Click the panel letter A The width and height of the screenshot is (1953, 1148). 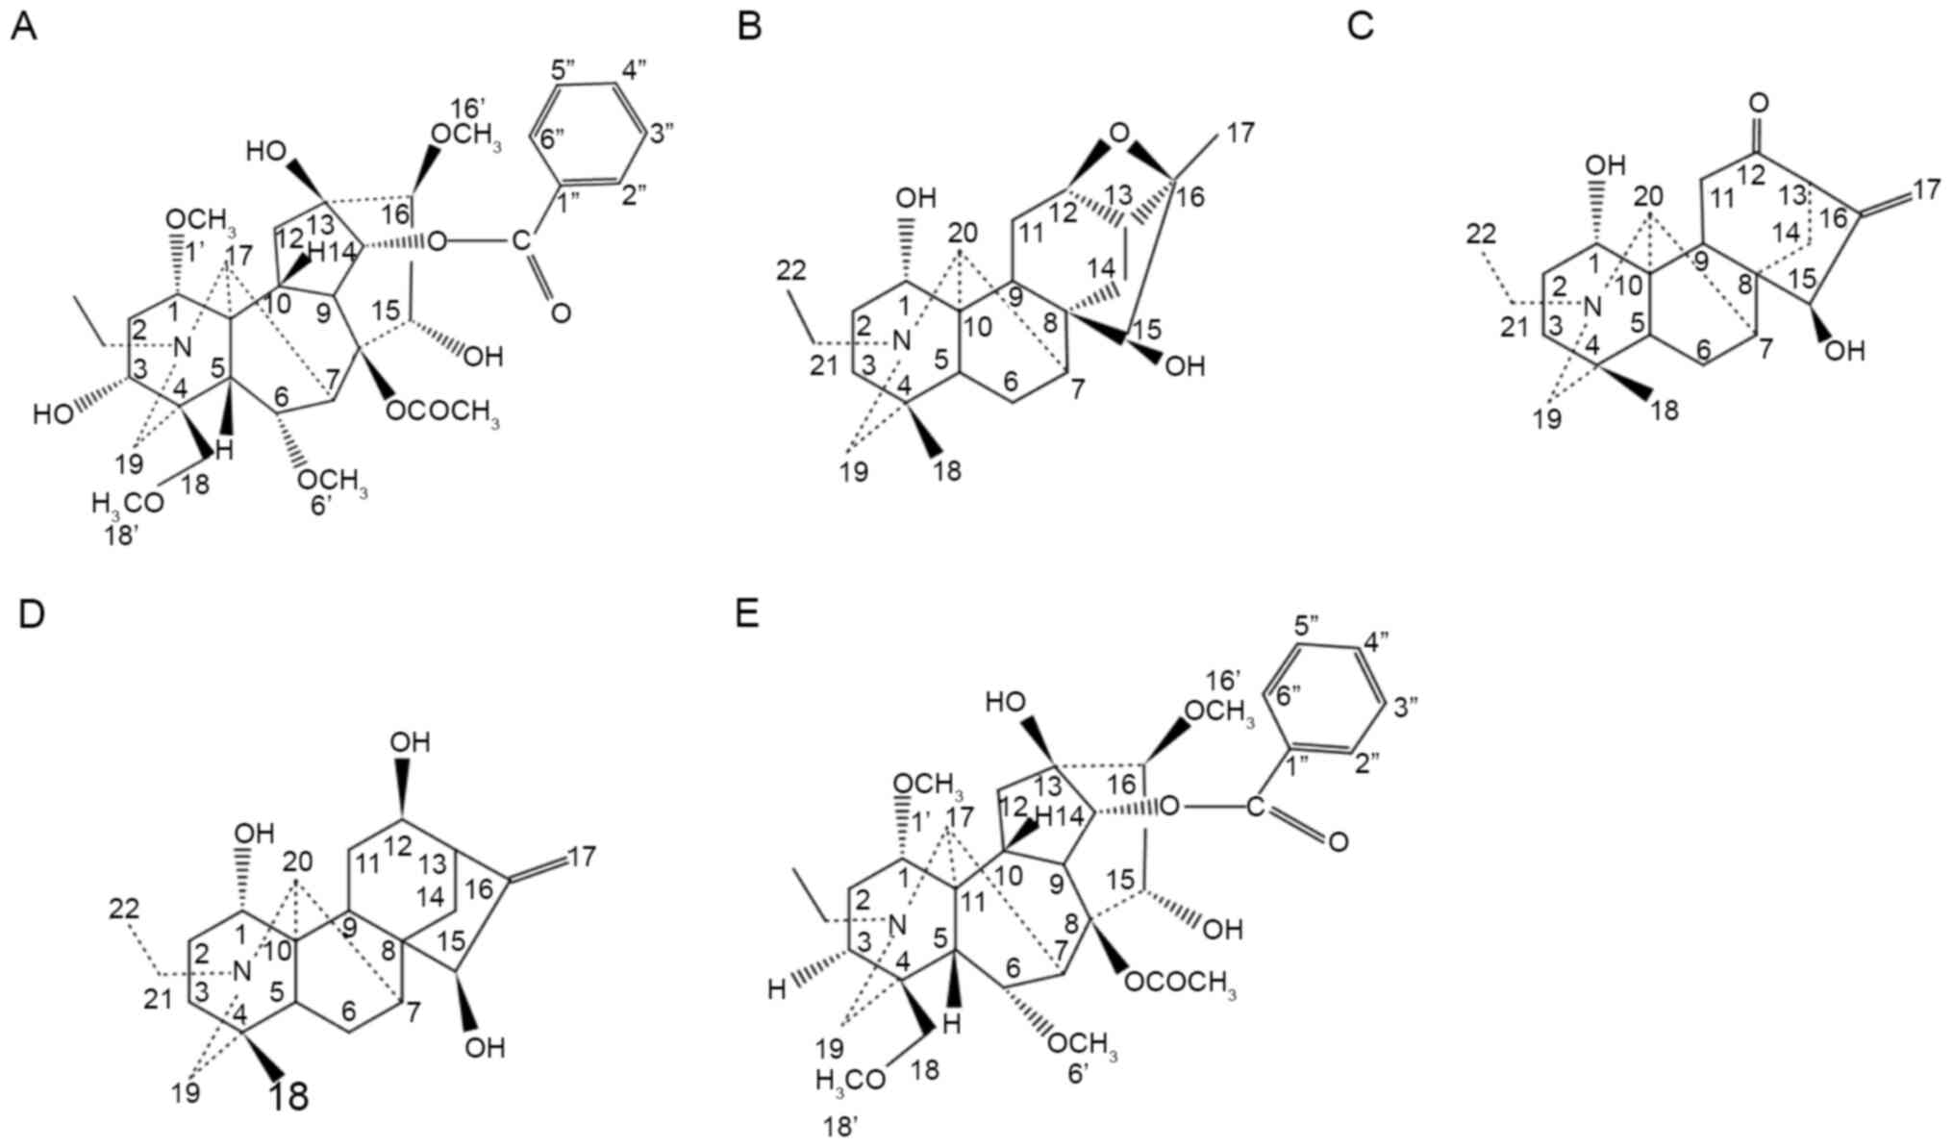[x=24, y=28]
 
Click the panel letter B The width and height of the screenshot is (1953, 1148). [x=749, y=28]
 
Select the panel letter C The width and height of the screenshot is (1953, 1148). [x=1360, y=28]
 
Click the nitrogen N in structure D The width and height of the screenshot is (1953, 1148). [x=242, y=972]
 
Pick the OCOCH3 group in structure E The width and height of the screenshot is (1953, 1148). [x=1179, y=983]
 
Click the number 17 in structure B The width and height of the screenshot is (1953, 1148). [x=1241, y=133]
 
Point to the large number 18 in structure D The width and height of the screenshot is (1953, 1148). [x=288, y=1095]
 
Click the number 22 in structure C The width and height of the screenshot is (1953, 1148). [x=1482, y=233]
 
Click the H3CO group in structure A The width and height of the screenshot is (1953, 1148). [x=128, y=502]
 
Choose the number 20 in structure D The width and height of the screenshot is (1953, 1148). [x=297, y=862]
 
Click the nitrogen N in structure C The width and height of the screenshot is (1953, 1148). [x=1592, y=308]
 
